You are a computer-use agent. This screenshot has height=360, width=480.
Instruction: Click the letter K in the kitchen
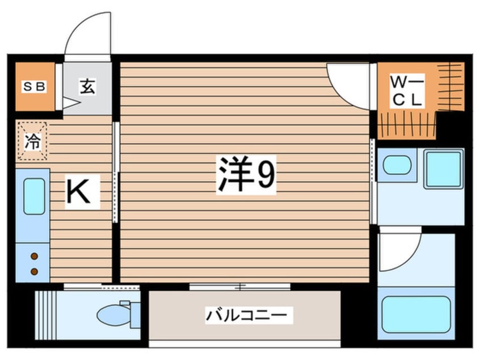[82, 192]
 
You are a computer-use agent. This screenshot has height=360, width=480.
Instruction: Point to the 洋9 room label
[246, 175]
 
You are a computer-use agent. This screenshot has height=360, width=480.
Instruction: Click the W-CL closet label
[406, 91]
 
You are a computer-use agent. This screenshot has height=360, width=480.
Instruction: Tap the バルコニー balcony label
[250, 315]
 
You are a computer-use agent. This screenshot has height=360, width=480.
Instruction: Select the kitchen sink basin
[33, 196]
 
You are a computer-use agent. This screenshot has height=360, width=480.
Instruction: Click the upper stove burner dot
[33, 256]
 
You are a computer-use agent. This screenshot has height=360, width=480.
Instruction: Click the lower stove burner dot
[33, 271]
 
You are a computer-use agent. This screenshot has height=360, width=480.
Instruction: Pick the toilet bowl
[114, 314]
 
